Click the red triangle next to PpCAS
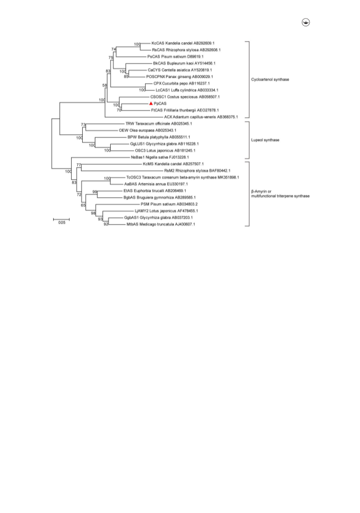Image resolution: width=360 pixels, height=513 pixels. tap(151, 104)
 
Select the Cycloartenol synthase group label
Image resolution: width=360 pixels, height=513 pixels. tap(270, 79)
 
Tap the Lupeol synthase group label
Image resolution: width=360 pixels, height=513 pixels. tap(265, 140)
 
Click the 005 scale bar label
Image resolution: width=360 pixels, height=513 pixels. tap(62, 223)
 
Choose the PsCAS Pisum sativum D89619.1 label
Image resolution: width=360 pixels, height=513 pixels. tap(175, 56)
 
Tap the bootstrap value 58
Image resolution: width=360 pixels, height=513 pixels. tap(105, 86)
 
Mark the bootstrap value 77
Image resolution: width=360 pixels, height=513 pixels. tap(79, 165)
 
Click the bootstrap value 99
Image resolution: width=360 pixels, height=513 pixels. tap(95, 192)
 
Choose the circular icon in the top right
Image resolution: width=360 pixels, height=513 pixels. tap(306, 22)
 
